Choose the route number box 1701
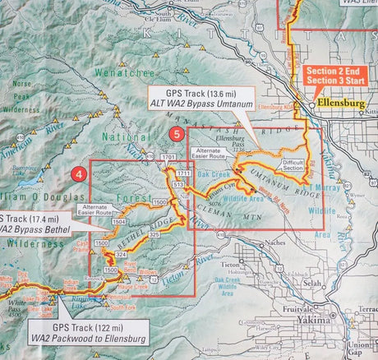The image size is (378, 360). (169, 157)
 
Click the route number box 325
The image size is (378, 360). (154, 236)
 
